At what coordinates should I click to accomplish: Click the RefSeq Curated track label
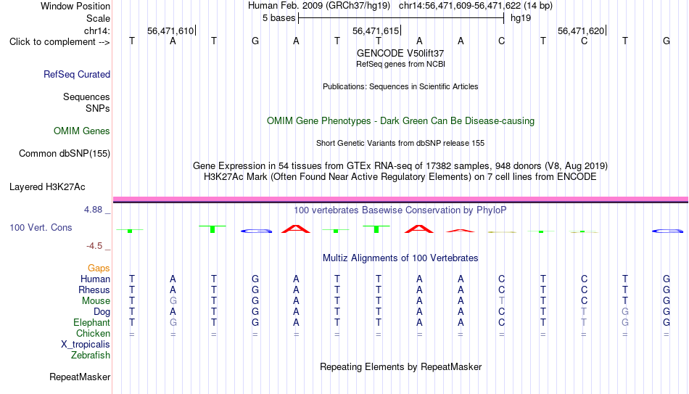point(77,74)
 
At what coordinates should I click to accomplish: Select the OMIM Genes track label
point(82,131)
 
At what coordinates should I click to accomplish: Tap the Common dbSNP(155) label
point(65,154)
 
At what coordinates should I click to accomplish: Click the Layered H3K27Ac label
point(47,187)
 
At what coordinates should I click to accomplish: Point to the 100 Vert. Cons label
point(41,227)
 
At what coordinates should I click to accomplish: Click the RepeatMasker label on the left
point(80,377)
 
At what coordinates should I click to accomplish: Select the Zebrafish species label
point(91,355)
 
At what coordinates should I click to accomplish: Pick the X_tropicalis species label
point(86,345)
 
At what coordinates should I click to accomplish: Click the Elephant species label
point(91,322)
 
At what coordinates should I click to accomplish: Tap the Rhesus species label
point(94,290)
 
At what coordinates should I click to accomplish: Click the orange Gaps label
point(99,268)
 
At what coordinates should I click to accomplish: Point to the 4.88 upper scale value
point(93,210)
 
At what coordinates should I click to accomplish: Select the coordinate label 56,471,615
point(376,30)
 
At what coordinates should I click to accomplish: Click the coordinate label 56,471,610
point(170,30)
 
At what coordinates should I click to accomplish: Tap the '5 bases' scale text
point(279,18)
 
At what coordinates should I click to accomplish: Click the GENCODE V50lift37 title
point(400,53)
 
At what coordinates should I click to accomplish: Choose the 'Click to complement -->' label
point(59,42)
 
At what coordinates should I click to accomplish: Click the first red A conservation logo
point(296,229)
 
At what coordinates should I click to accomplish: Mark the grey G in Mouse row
point(173,301)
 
